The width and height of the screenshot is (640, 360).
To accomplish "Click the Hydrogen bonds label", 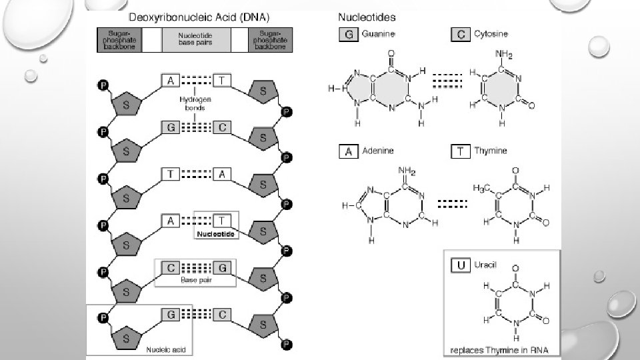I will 195,103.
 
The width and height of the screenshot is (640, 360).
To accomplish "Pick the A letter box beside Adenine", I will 347,152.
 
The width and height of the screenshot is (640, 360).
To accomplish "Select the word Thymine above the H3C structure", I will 491,152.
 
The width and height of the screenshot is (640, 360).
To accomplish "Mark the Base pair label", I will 195,280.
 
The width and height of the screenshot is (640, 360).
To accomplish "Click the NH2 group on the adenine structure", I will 407,171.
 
